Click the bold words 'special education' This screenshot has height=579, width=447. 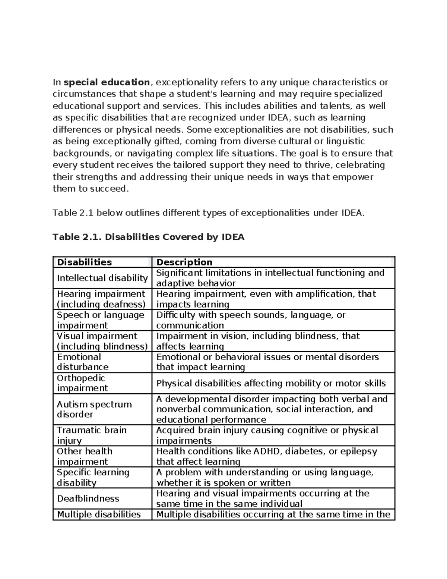[x=107, y=82]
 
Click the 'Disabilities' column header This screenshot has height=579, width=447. [x=84, y=262]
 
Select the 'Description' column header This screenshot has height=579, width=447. [x=184, y=262]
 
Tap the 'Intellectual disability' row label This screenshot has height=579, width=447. [x=102, y=278]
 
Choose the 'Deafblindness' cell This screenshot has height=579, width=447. [x=88, y=498]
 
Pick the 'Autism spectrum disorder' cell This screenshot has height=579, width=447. [x=94, y=409]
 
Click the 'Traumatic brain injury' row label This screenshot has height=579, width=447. [x=92, y=435]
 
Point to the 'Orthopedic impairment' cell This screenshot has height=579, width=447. [x=82, y=383]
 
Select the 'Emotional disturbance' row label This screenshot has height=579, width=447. [x=82, y=362]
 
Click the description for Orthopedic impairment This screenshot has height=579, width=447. [x=271, y=383]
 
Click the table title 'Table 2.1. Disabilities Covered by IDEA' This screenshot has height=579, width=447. [x=148, y=237]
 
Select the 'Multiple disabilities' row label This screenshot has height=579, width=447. [x=99, y=515]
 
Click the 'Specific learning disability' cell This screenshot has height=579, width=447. [x=93, y=477]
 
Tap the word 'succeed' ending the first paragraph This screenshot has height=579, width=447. [x=111, y=189]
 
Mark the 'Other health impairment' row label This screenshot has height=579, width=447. [x=85, y=456]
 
